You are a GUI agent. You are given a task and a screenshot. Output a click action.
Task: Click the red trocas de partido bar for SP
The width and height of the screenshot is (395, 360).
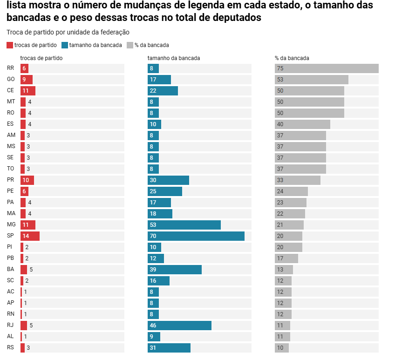(30, 236)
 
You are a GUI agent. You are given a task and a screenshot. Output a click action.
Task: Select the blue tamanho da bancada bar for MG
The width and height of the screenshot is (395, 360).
(184, 225)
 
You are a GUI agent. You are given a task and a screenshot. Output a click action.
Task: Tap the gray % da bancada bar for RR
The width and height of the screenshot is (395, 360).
(326, 68)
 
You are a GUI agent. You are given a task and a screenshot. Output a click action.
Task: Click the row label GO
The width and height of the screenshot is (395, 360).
(11, 80)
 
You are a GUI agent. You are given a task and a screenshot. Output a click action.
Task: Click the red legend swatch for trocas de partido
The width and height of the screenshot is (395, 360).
(10, 45)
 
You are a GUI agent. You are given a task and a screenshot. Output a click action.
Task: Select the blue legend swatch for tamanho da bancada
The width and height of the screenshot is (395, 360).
(64, 45)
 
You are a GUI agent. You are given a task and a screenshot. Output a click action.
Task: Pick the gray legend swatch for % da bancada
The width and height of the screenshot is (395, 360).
(129, 45)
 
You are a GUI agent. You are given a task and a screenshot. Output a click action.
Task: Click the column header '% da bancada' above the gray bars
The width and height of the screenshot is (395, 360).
(292, 58)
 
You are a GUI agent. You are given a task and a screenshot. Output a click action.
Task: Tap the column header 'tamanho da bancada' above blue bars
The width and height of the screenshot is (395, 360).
(174, 58)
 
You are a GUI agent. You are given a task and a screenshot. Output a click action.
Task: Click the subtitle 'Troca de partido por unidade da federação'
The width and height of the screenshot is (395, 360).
(68, 32)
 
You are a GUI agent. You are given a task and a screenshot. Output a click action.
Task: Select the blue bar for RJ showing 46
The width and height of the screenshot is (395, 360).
(179, 326)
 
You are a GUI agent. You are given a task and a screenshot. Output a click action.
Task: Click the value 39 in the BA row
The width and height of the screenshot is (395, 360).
(152, 270)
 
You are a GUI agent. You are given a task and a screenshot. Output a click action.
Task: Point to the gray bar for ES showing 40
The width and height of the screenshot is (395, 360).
(302, 124)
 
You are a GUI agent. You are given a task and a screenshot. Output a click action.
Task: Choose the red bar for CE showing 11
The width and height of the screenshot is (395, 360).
(28, 91)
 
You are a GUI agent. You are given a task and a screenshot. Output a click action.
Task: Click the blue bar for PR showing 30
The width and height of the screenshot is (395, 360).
(168, 180)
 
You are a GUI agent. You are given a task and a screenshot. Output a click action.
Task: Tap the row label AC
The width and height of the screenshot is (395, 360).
(11, 292)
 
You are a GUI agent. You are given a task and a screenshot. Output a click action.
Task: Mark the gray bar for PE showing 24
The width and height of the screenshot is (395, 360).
(291, 191)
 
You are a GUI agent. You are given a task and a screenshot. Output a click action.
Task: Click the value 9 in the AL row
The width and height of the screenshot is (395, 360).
(151, 337)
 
